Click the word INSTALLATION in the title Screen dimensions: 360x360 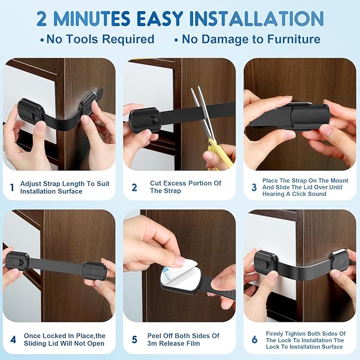[257, 19]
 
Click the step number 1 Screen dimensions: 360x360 [12, 187]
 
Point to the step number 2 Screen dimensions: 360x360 [134, 187]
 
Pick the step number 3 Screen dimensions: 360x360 [254, 187]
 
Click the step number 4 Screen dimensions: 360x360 [13, 339]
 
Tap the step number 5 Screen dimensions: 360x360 [134, 339]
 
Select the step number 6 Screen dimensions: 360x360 [254, 339]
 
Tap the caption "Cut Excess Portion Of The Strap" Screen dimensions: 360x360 [186, 187]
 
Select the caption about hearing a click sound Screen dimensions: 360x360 [305, 187]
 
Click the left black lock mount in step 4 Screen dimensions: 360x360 [17, 260]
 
